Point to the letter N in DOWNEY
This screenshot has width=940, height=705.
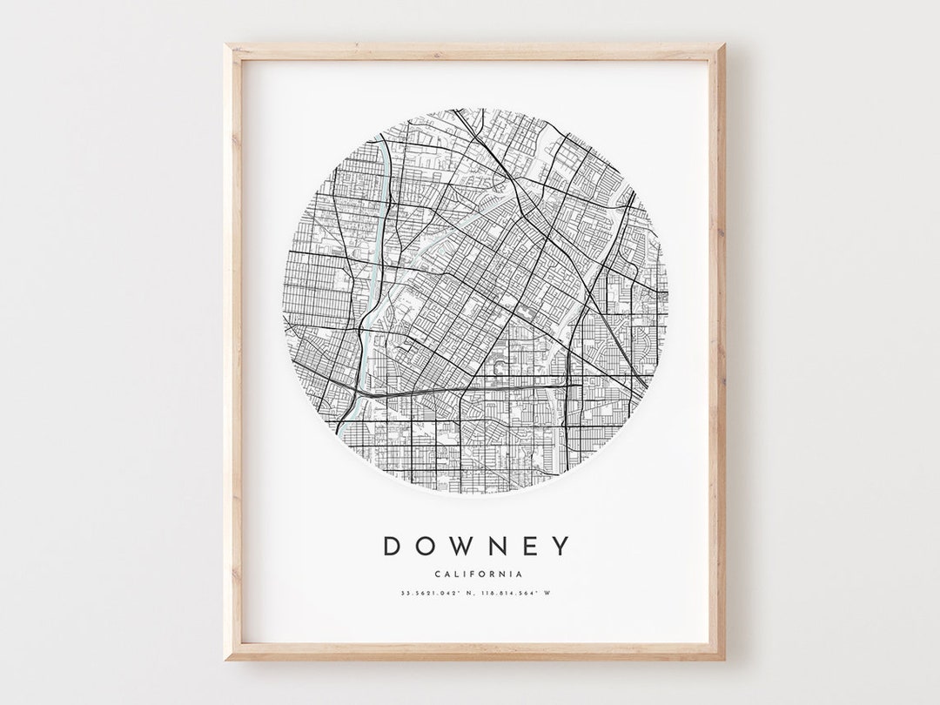[501, 546]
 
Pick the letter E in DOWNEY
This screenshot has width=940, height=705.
[533, 546]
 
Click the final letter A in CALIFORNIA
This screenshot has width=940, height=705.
[520, 574]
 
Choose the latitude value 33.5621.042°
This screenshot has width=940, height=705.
[430, 594]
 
